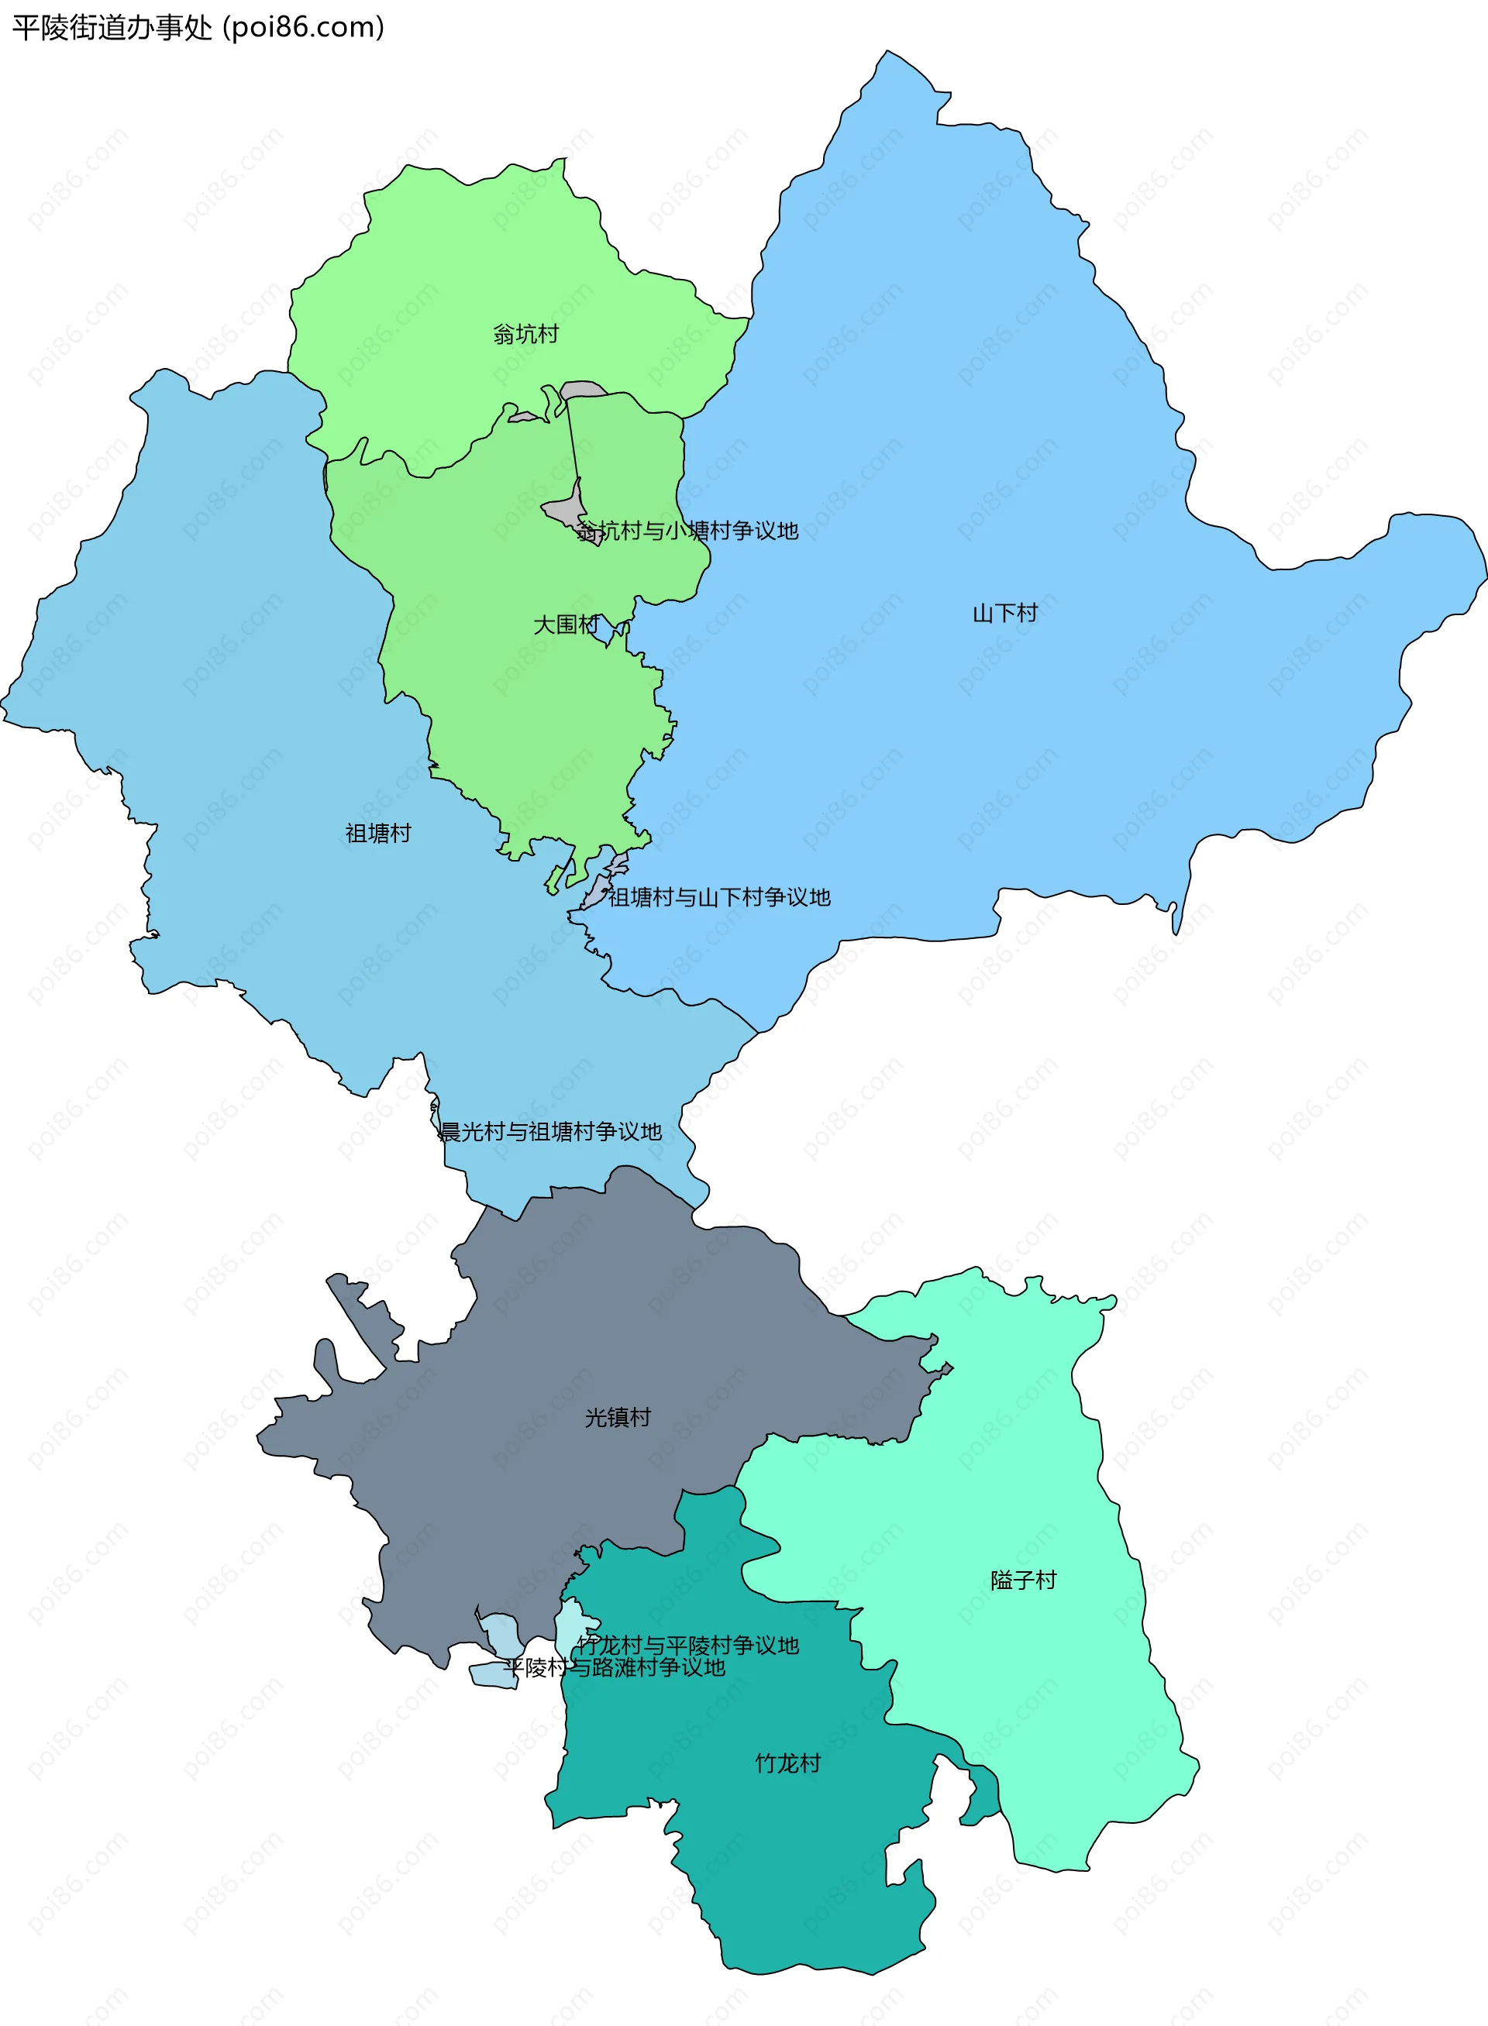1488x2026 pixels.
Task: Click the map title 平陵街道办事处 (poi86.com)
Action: point(198,28)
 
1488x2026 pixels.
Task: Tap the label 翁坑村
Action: point(526,334)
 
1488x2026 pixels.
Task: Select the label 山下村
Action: point(1005,613)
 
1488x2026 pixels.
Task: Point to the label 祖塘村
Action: point(378,834)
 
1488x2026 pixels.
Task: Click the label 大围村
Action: point(566,624)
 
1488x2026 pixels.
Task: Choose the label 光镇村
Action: point(618,1417)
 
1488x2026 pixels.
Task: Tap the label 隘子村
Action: point(1023,1581)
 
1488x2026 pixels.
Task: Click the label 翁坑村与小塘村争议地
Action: point(687,531)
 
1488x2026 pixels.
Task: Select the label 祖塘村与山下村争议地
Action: point(718,897)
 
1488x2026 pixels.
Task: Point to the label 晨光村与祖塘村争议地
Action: point(550,1132)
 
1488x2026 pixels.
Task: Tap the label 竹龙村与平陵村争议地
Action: point(688,1645)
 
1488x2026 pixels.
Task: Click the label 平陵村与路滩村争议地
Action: point(615,1667)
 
